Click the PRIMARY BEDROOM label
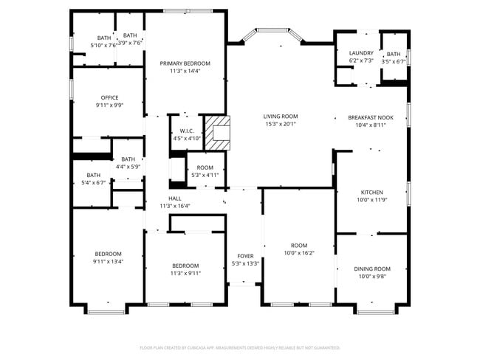[185, 63]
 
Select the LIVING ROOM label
[280, 117]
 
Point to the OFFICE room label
[109, 97]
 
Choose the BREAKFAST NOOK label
[371, 117]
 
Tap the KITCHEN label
[371, 192]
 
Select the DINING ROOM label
[372, 269]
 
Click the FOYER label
[244, 256]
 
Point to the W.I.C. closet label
[186, 131]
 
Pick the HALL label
[175, 198]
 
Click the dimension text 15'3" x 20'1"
[280, 124]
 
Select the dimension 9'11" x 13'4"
[108, 261]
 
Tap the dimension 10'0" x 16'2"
[299, 253]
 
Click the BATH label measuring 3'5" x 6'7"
[394, 54]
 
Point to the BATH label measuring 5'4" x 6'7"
[93, 175]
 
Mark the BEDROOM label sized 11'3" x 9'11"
[185, 266]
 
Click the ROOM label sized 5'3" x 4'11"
[205, 167]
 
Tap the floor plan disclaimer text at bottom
[239, 347]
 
